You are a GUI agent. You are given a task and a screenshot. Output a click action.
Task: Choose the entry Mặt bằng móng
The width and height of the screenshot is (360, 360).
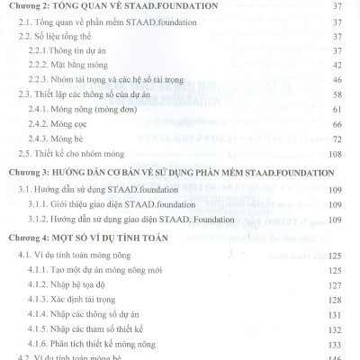[x=94, y=67]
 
